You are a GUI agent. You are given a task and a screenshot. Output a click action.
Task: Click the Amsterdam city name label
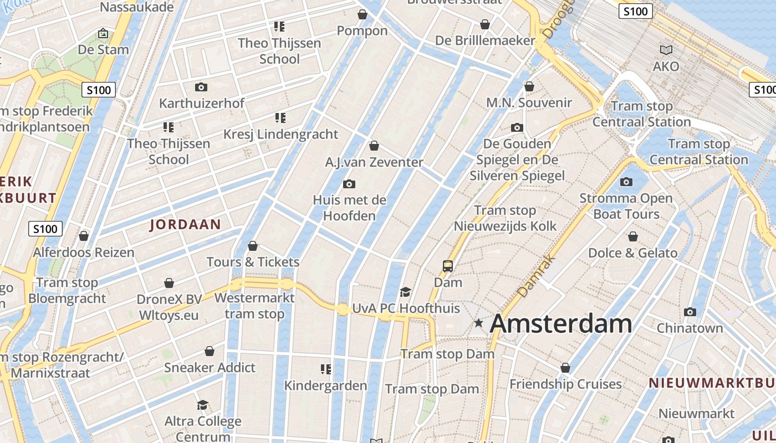[560, 323]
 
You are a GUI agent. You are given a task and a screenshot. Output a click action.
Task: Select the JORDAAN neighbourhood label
[185, 224]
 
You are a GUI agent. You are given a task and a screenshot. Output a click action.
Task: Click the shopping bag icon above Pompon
[363, 14]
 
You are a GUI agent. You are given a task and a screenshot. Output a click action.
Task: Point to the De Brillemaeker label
[485, 40]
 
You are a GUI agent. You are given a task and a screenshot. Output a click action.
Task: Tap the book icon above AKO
[666, 50]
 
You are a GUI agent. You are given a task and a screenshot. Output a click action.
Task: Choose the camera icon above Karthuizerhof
[201, 87]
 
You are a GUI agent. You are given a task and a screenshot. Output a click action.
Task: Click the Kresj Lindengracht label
[280, 134]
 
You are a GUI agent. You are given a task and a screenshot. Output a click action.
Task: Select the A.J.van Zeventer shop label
[374, 162]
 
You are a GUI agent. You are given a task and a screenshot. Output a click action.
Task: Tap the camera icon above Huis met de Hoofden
[349, 184]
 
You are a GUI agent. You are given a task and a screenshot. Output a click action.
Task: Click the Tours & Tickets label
[253, 262]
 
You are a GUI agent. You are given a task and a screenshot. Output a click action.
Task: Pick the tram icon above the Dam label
[448, 266]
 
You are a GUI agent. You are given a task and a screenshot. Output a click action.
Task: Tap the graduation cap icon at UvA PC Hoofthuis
[406, 292]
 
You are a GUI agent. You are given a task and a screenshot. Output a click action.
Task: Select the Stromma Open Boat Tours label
[626, 206]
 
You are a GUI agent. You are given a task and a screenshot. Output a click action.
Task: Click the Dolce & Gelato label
[632, 253]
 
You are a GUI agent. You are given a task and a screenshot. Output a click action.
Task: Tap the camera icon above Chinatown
[690, 312]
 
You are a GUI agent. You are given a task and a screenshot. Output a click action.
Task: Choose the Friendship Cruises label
[565, 384]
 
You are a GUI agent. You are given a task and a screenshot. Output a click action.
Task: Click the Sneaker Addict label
[210, 367]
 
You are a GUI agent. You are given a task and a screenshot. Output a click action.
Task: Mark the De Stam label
[103, 49]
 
